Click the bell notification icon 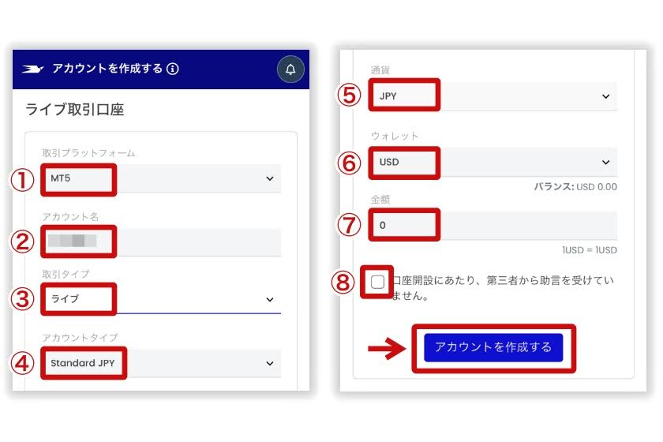(290, 69)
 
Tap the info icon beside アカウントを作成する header (173, 69)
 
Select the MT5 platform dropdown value (61, 179)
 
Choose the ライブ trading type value (66, 299)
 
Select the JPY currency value (388, 96)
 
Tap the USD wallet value (390, 162)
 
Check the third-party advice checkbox (378, 282)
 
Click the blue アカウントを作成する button (493, 347)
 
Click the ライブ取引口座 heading (75, 110)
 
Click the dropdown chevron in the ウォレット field (606, 162)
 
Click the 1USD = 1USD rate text (590, 250)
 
